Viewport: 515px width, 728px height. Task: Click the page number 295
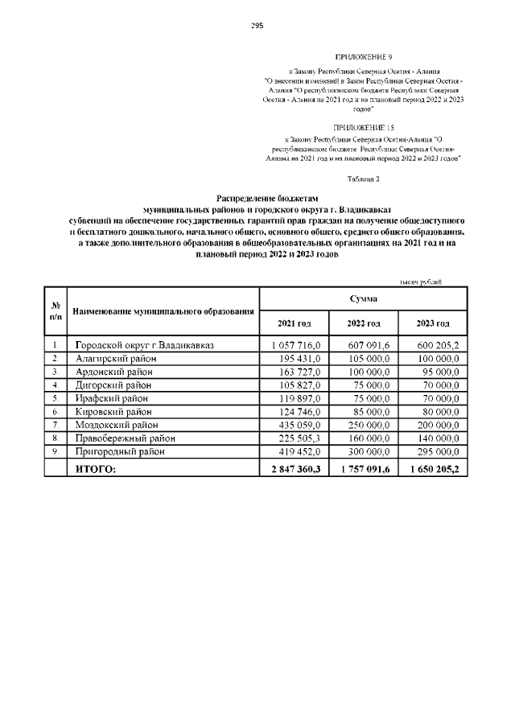(257, 26)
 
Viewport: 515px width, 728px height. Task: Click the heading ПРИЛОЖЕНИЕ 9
(363, 58)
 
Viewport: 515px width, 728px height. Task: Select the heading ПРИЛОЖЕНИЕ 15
(365, 128)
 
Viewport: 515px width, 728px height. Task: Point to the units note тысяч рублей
(422, 282)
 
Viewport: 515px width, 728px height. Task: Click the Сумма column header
(364, 298)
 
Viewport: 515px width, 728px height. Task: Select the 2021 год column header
(294, 323)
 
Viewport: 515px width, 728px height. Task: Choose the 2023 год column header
(433, 323)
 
